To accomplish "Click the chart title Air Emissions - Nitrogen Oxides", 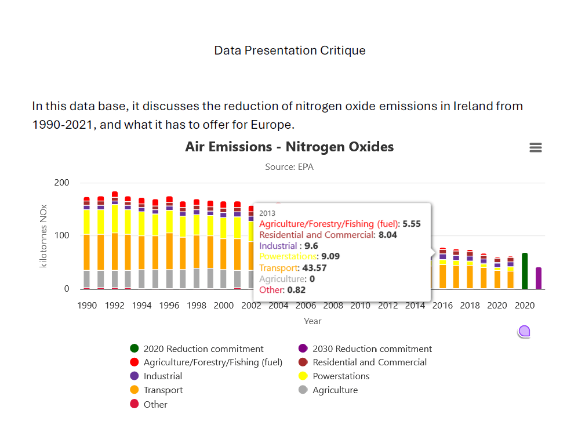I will coord(289,147).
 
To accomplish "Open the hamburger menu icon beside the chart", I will coord(536,148).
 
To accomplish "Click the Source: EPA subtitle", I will coord(289,167).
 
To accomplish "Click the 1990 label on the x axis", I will coord(87,306).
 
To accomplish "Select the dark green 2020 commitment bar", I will coord(525,271).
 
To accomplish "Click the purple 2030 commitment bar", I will coord(539,278).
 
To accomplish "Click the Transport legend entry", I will coord(163,390).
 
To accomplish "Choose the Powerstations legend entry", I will coord(340,376).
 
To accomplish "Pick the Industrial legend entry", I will coord(162,376).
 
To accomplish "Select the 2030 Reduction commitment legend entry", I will coord(372,349).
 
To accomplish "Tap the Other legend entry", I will coord(155,404).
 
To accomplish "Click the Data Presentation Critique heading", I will coord(290,50).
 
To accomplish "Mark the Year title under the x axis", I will coord(312,321).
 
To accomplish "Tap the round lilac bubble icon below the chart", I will coord(525,332).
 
